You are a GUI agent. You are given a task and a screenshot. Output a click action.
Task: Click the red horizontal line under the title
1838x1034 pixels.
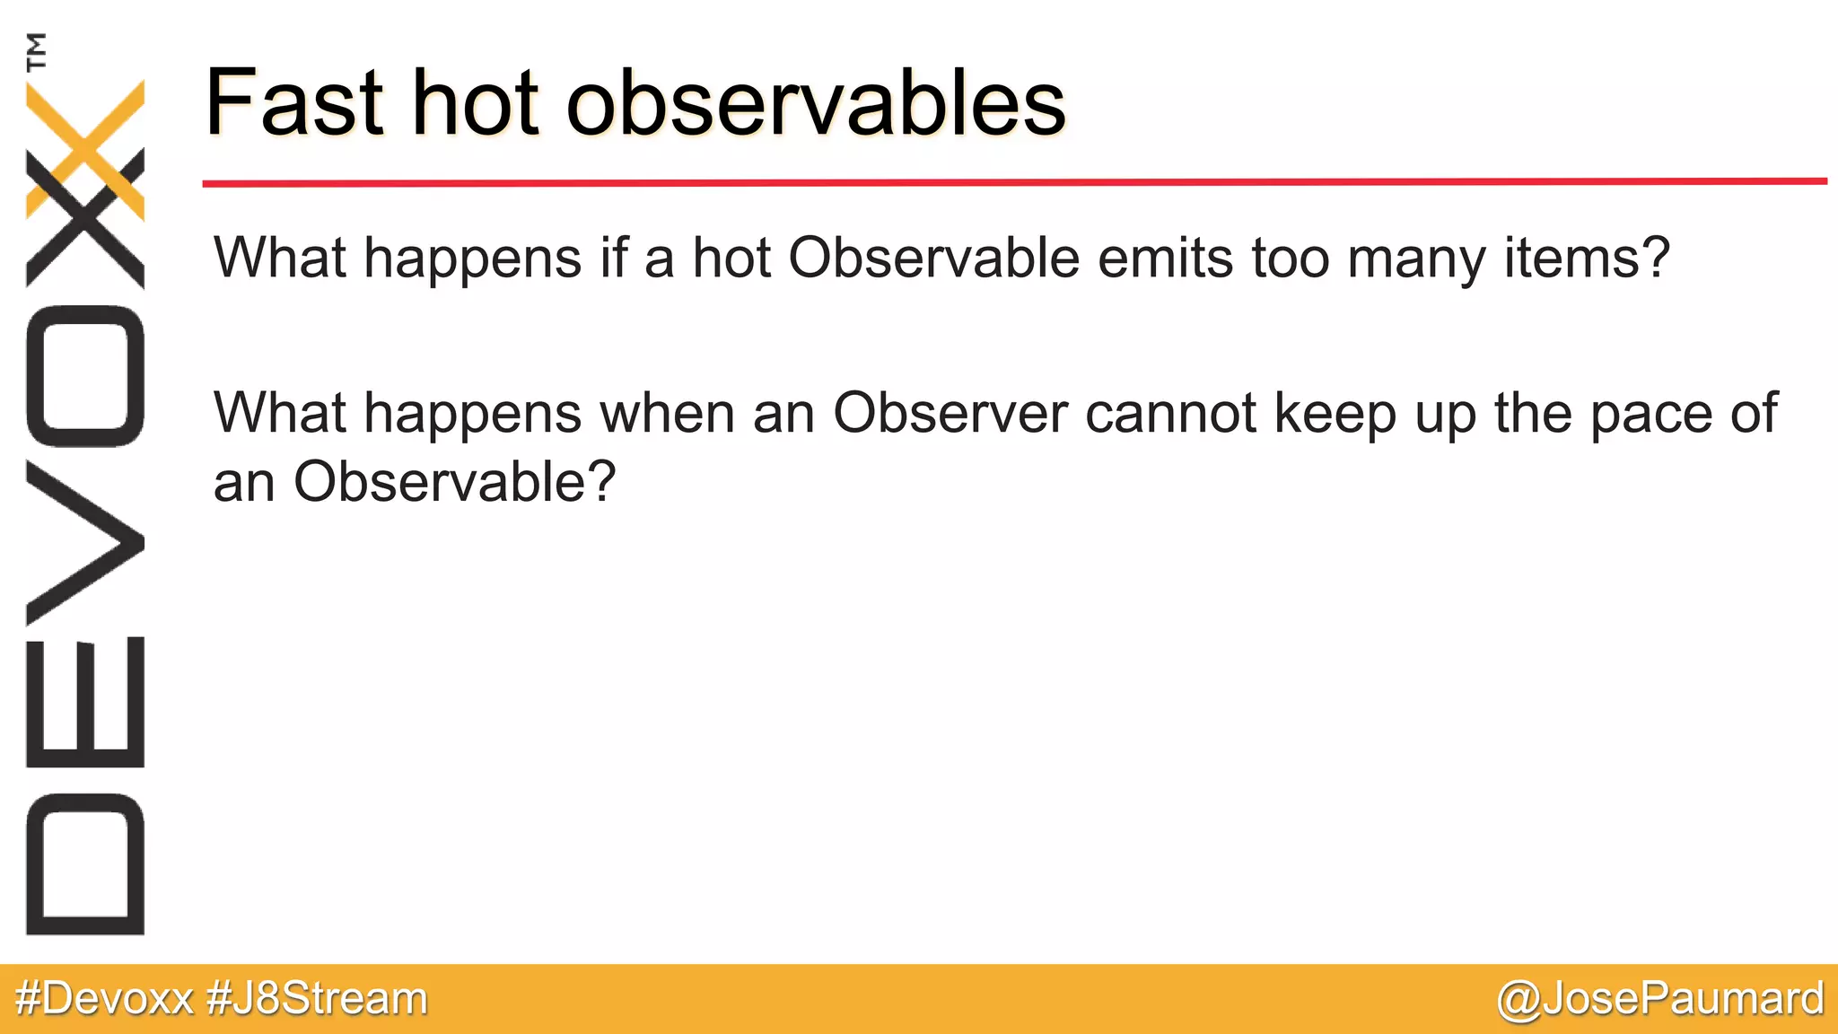point(1014,182)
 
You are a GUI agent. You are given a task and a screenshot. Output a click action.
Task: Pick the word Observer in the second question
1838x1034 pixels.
point(950,414)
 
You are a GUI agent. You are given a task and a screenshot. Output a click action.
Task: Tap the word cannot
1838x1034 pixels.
point(1171,414)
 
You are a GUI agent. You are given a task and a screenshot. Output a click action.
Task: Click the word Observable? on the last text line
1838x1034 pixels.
point(455,482)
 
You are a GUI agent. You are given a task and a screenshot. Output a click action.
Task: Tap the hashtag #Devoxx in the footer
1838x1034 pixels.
point(105,999)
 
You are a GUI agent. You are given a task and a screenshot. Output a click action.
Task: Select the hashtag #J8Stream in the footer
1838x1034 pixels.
point(317,999)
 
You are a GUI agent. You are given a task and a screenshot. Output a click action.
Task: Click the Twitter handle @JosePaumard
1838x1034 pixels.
point(1660,999)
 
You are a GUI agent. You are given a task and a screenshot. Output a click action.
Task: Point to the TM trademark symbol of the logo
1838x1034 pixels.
point(36,51)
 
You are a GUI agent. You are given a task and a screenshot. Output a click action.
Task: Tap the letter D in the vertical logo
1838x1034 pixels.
point(85,863)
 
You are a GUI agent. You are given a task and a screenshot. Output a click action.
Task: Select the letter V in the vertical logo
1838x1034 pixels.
point(85,542)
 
